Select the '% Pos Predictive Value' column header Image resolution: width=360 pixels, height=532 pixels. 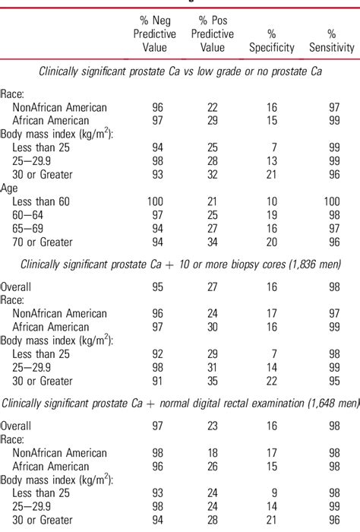[x=213, y=34]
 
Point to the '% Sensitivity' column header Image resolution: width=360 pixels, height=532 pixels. [x=331, y=41]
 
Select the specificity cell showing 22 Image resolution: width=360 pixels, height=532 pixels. [x=271, y=382]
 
